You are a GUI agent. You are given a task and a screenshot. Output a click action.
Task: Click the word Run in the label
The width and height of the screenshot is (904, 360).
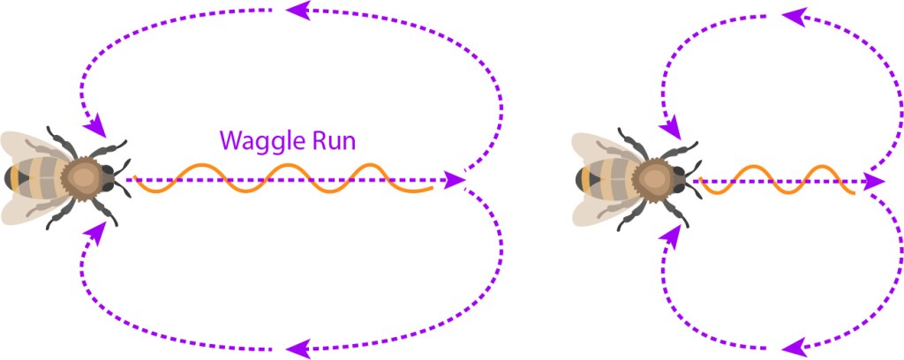(x=328, y=141)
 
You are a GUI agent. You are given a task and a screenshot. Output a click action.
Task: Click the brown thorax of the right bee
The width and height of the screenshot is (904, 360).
(x=654, y=178)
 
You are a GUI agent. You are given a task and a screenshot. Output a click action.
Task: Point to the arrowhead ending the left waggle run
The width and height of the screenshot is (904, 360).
(x=456, y=180)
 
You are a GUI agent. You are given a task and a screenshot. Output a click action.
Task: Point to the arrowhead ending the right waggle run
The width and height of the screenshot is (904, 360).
(x=874, y=181)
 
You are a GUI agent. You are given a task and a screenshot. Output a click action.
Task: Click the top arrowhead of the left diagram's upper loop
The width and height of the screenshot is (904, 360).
(x=298, y=11)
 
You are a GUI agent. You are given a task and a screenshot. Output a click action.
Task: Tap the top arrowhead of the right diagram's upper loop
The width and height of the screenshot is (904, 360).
(x=792, y=16)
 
